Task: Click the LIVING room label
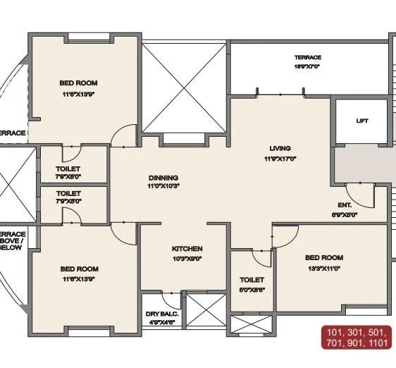click(x=280, y=148)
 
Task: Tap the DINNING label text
click(x=163, y=178)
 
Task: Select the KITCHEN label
click(x=187, y=249)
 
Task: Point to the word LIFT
click(x=362, y=121)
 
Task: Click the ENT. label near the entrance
click(x=345, y=204)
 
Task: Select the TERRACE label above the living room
click(x=308, y=57)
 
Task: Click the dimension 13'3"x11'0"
click(x=323, y=268)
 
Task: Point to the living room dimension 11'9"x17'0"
click(x=280, y=159)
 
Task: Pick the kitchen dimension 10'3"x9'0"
click(x=187, y=259)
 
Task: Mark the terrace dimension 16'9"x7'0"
click(x=308, y=66)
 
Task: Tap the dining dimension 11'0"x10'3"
click(x=163, y=187)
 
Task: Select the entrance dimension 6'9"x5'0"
click(x=345, y=214)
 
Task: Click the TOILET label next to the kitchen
click(x=252, y=280)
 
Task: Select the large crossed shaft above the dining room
click(x=185, y=87)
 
